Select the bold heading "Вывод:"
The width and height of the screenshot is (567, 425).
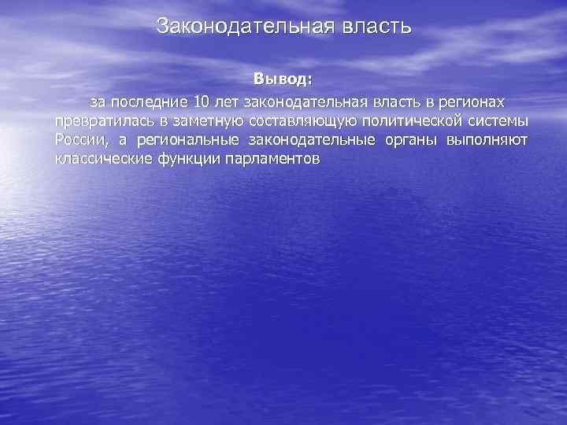coord(283,79)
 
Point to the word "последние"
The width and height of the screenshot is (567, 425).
coord(150,102)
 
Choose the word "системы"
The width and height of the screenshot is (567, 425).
coord(501,122)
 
